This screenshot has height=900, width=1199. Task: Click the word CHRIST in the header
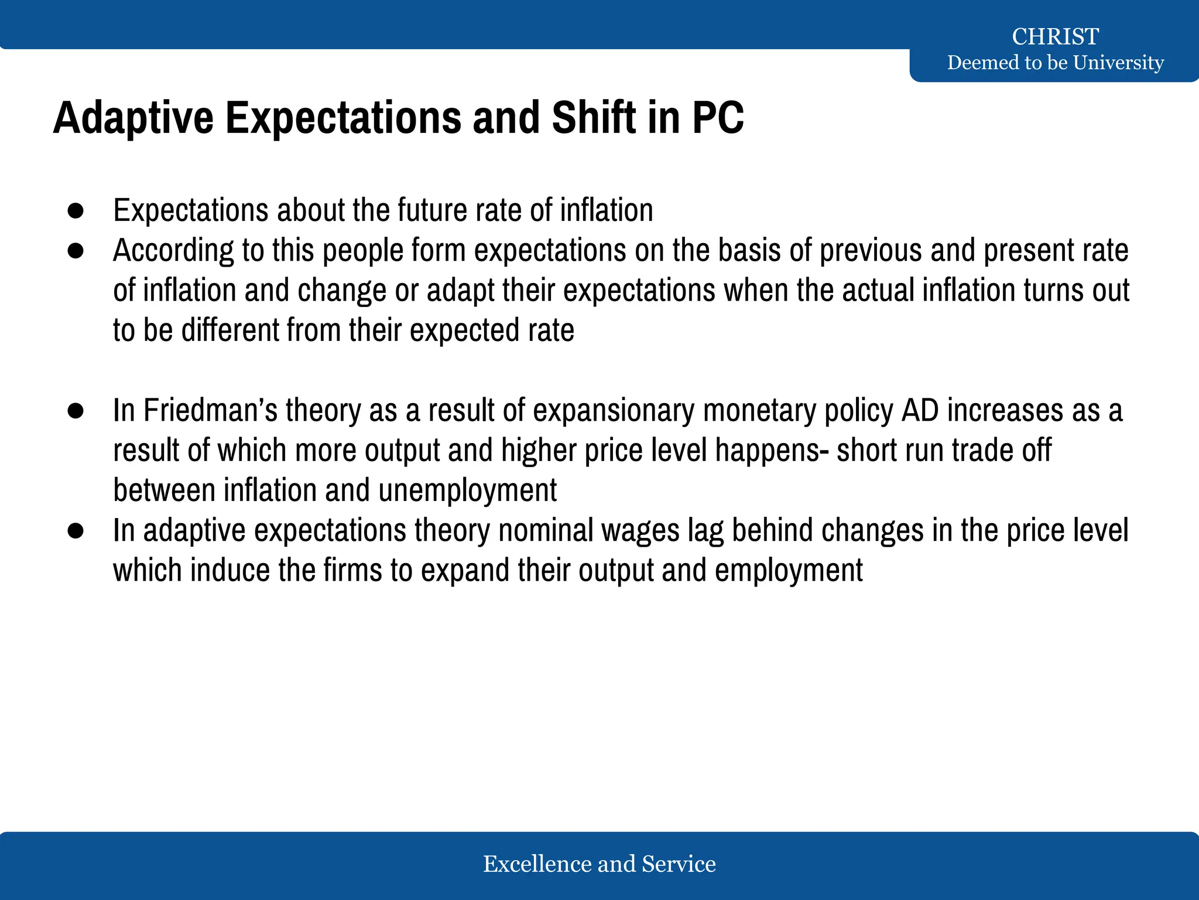pos(1055,36)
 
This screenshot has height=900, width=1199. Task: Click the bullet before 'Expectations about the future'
pos(76,211)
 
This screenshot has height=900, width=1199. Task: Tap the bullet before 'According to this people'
pos(76,251)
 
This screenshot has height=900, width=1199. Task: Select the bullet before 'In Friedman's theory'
pos(76,411)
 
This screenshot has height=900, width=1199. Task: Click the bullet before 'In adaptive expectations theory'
pos(76,531)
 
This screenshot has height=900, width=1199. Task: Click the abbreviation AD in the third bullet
pos(920,410)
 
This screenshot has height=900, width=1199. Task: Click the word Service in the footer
pos(679,864)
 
